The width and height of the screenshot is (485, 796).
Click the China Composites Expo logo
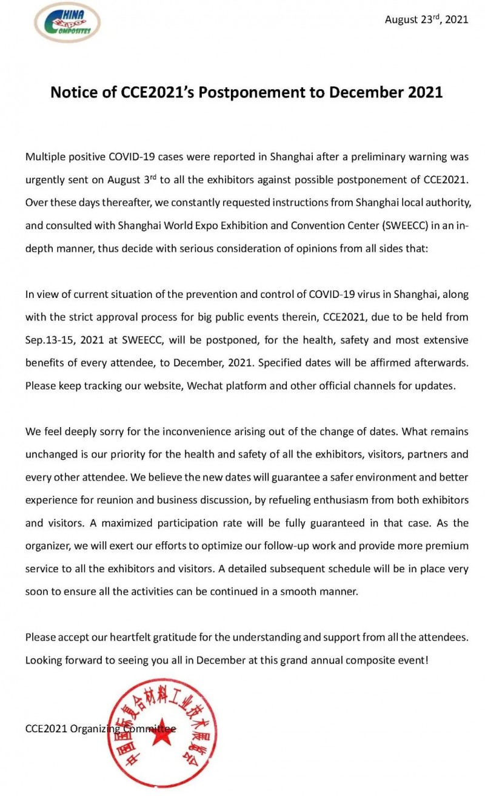(67, 22)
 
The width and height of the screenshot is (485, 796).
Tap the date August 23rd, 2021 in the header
(426, 19)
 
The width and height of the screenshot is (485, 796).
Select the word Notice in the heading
(73, 92)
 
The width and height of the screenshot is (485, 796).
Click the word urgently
(45, 180)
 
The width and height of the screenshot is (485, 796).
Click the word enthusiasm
(307, 500)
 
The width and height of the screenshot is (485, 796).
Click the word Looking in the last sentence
(44, 660)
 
